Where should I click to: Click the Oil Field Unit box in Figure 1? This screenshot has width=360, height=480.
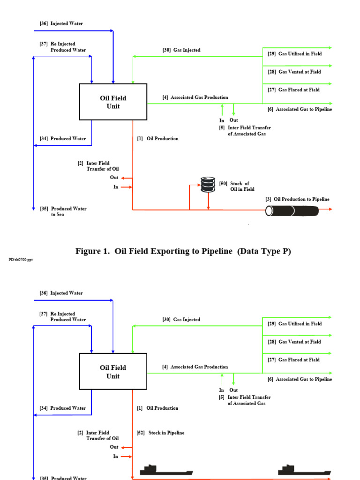pos(113,102)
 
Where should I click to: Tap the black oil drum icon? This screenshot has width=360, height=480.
pos(207,185)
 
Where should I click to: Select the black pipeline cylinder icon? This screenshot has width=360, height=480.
pos(292,210)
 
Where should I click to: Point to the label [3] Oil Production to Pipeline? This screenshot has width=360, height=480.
pos(297,199)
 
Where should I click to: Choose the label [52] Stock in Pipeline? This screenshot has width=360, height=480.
pos(160,433)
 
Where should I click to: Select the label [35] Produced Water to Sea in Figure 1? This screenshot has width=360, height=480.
pos(63,211)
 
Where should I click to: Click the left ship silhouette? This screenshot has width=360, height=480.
pos(166,470)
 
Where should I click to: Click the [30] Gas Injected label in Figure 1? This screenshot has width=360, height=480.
pos(181,50)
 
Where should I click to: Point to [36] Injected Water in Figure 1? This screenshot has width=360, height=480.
pos(61,23)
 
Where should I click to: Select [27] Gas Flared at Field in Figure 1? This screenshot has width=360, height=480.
pos(293,90)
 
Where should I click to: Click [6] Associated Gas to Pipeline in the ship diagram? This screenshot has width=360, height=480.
pos(300,379)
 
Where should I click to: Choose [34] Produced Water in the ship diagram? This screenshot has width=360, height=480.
pos(63,408)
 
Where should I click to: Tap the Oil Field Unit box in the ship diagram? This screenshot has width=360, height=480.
pos(113,372)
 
